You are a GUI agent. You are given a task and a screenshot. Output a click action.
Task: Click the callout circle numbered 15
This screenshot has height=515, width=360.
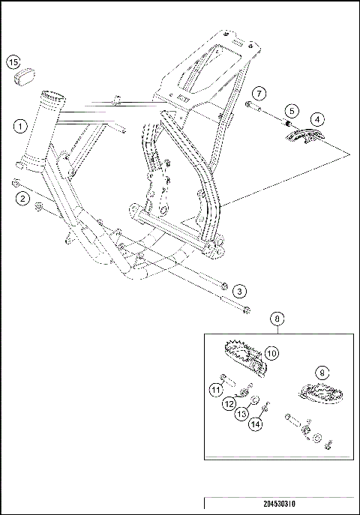(x=13, y=62)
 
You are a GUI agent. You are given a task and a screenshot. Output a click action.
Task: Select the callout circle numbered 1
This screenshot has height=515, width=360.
(x=20, y=126)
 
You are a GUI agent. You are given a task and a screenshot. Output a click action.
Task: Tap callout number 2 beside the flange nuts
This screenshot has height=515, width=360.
(x=22, y=199)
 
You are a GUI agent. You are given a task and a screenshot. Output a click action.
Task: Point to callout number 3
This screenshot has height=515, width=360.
(x=239, y=292)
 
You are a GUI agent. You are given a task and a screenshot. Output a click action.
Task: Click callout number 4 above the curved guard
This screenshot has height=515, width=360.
(x=317, y=119)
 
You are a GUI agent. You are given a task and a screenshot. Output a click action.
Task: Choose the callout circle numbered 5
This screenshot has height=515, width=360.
(x=292, y=111)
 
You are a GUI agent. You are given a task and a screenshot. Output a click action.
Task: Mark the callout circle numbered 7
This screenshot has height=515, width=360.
(x=259, y=94)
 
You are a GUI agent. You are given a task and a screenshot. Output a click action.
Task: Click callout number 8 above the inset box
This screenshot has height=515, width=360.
(x=277, y=319)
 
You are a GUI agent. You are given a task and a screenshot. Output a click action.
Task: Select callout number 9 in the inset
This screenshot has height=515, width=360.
(x=322, y=373)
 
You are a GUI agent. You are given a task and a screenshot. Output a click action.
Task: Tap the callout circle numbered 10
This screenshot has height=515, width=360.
(x=271, y=353)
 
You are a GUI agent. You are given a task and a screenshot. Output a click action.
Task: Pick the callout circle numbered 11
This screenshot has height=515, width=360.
(x=216, y=390)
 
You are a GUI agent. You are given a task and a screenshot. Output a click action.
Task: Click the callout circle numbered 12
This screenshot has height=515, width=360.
(x=229, y=403)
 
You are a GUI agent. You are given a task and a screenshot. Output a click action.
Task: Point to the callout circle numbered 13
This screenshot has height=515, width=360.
(x=241, y=414)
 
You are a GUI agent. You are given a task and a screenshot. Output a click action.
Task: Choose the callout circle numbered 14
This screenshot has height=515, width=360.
(x=256, y=424)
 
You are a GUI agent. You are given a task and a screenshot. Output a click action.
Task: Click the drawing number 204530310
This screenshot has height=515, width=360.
(x=279, y=504)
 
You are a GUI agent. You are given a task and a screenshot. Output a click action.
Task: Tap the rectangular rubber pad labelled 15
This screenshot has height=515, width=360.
(x=25, y=77)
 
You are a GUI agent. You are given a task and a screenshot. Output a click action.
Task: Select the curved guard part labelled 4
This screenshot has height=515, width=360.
(x=304, y=136)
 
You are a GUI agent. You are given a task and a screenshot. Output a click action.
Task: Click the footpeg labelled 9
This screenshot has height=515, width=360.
(x=319, y=393)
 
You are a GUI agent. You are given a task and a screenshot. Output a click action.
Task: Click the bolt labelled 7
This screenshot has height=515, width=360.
(x=253, y=106)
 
